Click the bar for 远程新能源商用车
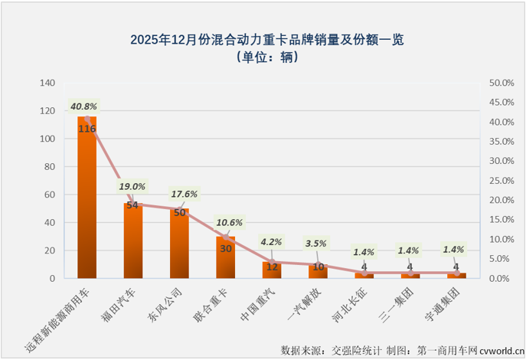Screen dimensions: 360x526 tap(87, 199)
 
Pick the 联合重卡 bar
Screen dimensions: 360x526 tap(226, 257)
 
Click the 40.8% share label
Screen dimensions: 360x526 tap(83, 106)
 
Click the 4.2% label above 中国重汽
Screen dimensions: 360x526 tap(272, 242)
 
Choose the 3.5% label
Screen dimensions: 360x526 tap(318, 244)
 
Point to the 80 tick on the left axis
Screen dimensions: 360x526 tap(49, 167)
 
